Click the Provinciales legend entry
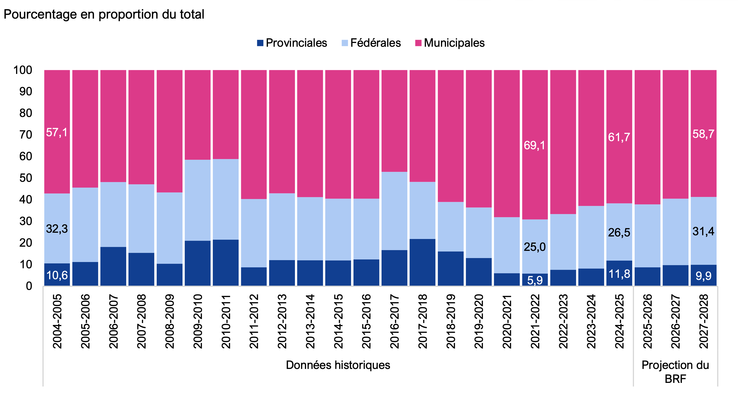(x=292, y=43)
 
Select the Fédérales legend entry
(x=371, y=43)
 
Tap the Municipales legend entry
(x=450, y=43)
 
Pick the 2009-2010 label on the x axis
(x=198, y=321)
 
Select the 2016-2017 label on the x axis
(x=395, y=321)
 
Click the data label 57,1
(x=57, y=133)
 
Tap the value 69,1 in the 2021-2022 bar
(x=535, y=145)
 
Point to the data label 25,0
(x=535, y=247)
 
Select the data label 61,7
(x=619, y=137)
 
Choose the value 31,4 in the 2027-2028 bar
(x=703, y=231)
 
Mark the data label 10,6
(x=57, y=275)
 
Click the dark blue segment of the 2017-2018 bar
(x=422, y=262)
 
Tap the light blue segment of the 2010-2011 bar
(x=226, y=199)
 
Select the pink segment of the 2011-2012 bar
(x=254, y=134)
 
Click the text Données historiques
(x=338, y=365)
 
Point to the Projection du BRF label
(x=675, y=372)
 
